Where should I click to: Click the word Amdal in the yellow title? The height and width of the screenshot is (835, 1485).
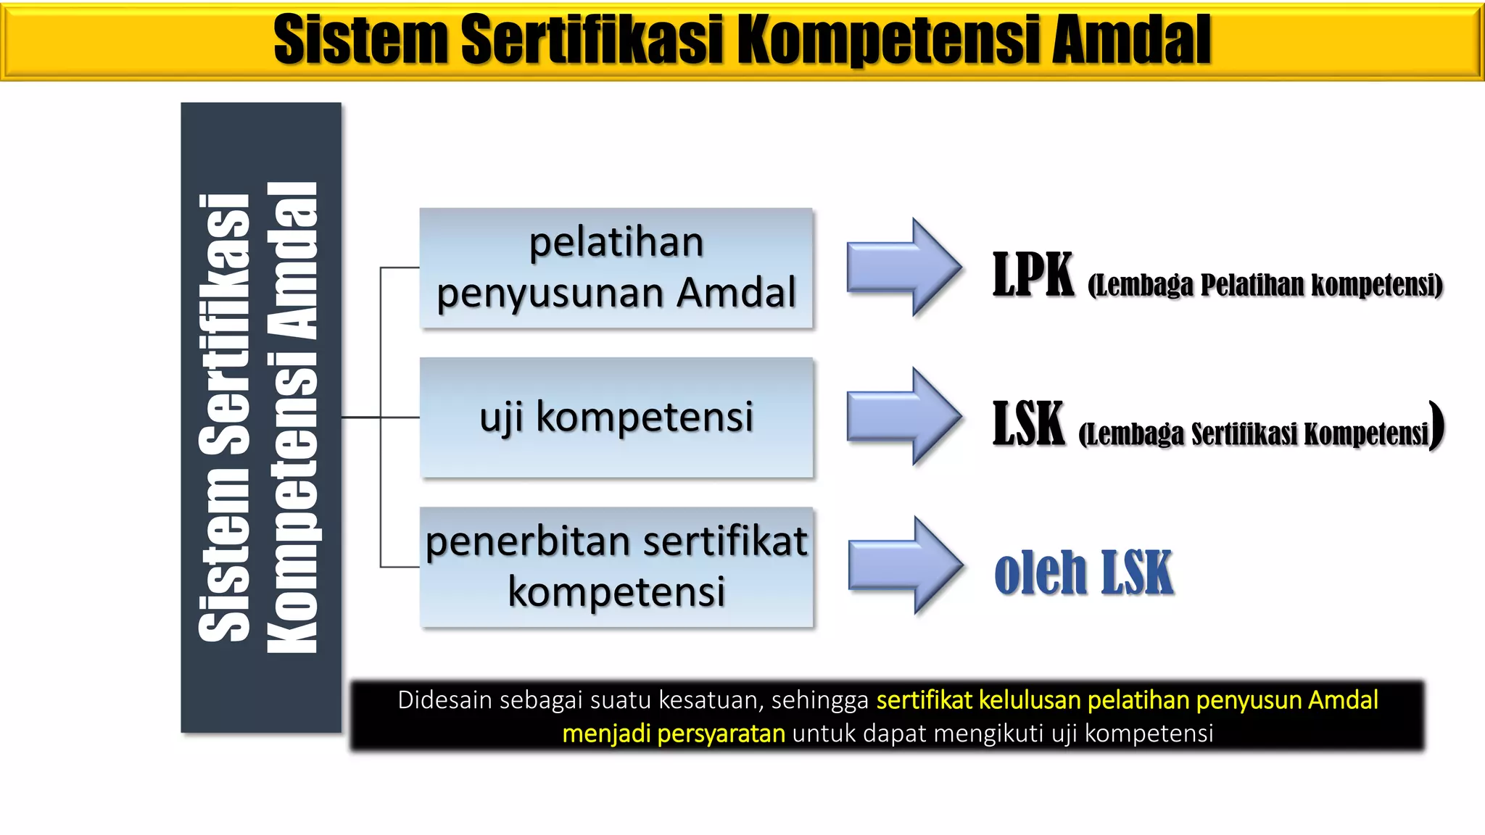pyautogui.click(x=1131, y=40)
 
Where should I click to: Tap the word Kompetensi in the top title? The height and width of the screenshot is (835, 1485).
pyautogui.click(x=892, y=40)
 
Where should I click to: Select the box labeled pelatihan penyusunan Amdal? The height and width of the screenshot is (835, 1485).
pyautogui.click(x=616, y=268)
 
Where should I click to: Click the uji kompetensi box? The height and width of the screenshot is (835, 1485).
pyautogui.click(x=616, y=417)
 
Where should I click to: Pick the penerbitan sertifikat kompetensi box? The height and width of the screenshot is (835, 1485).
pyautogui.click(x=616, y=567)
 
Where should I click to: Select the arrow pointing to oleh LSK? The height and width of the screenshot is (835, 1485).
pyautogui.click(x=906, y=566)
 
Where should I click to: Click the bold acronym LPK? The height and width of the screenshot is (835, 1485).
pyautogui.click(x=1033, y=275)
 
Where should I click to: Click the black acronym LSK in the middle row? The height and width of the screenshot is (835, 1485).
pyautogui.click(x=1028, y=425)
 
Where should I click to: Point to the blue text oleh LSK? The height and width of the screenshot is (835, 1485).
pyautogui.click(x=1083, y=573)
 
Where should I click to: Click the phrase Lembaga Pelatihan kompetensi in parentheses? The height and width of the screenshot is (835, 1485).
pyautogui.click(x=1265, y=286)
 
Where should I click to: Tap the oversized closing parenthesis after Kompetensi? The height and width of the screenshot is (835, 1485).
pyautogui.click(x=1437, y=426)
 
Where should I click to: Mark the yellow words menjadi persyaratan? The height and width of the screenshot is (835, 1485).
pyautogui.click(x=674, y=734)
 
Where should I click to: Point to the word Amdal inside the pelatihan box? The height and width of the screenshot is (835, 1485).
pyautogui.click(x=736, y=293)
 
